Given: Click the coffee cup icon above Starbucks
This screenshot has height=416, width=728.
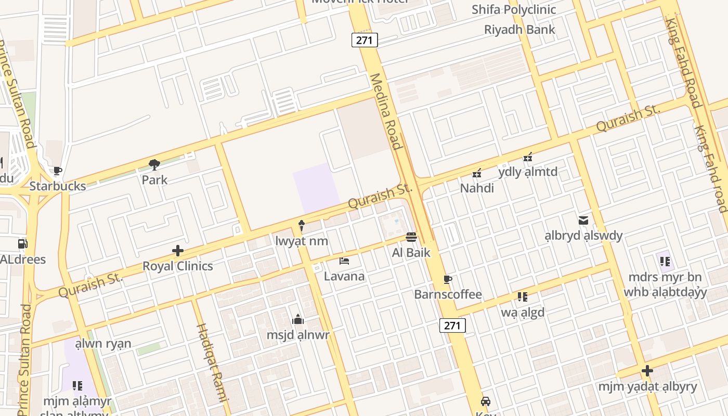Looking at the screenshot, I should click(x=58, y=171).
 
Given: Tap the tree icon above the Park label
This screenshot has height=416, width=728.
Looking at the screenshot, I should click(x=154, y=165).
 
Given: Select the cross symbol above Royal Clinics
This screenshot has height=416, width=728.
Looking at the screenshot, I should click(x=178, y=251).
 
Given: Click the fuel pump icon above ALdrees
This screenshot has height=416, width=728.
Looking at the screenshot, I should click(x=22, y=244).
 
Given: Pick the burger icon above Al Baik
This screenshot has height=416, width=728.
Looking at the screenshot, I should click(x=411, y=237).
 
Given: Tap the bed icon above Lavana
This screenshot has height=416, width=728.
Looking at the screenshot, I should click(x=344, y=261).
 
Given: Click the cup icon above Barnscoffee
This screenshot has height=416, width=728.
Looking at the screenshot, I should click(x=448, y=280).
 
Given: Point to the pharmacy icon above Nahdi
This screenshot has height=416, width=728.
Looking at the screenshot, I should click(x=477, y=173).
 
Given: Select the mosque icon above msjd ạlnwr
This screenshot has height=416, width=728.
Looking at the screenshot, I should click(x=298, y=319).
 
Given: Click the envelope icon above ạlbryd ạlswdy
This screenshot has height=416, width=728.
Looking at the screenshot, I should click(x=583, y=220).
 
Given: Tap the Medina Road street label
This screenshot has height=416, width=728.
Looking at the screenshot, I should click(x=386, y=111).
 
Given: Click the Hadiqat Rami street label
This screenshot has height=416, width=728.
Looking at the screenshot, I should click(x=212, y=362).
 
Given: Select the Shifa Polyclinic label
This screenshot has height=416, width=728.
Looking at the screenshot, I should click(x=514, y=9).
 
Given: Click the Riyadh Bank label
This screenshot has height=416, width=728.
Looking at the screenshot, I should click(x=519, y=29).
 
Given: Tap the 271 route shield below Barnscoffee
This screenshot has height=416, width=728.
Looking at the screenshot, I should click(x=452, y=326).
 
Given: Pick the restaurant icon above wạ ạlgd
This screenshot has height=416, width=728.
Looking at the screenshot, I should click(x=523, y=297).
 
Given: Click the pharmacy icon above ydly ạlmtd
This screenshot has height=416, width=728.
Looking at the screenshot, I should click(x=528, y=157).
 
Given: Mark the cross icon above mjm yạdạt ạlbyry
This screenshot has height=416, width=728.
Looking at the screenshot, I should click(x=647, y=371).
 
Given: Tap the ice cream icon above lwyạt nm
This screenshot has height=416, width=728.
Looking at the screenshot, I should click(x=302, y=226).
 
